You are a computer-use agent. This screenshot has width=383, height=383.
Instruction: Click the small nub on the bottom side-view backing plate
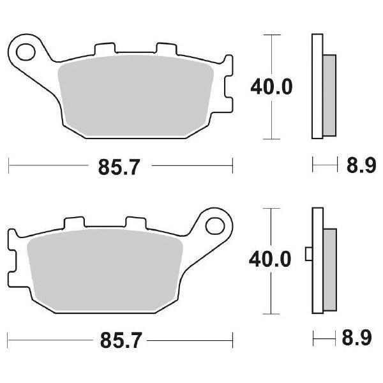[309, 254]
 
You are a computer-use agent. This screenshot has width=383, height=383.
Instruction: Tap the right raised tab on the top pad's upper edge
[165, 49]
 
